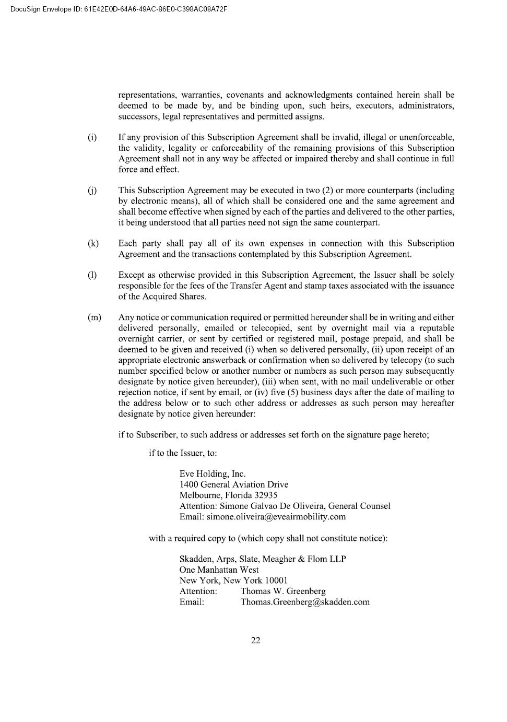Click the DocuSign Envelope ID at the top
click(x=119, y=9)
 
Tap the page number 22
click(x=256, y=641)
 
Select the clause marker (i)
click(x=92, y=137)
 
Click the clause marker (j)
click(x=92, y=191)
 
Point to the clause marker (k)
click(x=93, y=243)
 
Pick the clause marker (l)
click(x=92, y=275)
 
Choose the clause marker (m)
click(x=95, y=317)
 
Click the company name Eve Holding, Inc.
click(x=212, y=474)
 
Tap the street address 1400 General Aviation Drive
click(x=233, y=484)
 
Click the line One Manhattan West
click(x=219, y=570)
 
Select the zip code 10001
click(x=276, y=581)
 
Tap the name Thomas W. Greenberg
click(x=282, y=591)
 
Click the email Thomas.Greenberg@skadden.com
click(x=304, y=602)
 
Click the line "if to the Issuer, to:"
click(x=183, y=453)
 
